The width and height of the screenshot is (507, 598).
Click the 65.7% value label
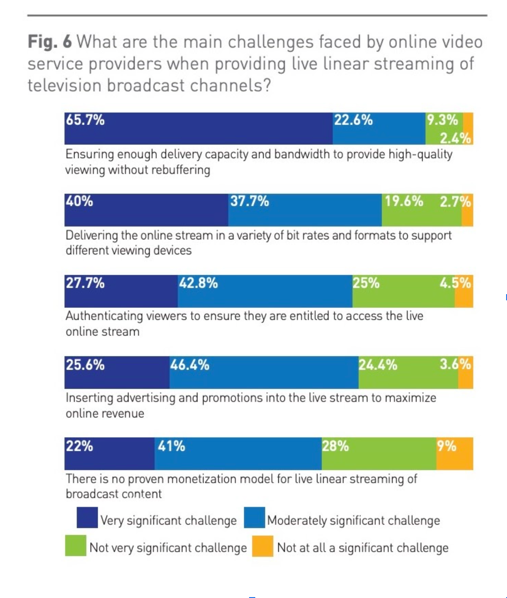[85, 120]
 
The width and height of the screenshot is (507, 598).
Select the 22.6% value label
[353, 120]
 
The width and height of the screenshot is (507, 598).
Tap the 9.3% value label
[442, 120]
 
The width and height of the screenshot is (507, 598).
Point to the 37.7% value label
[250, 201]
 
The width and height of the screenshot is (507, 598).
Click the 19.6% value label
[404, 201]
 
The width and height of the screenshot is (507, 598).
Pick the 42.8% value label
[198, 283]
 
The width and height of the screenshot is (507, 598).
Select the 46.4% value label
[189, 365]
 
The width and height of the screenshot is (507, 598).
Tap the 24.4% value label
[378, 365]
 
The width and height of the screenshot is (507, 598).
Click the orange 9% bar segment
[454, 454]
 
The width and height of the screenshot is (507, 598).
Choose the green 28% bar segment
[379, 454]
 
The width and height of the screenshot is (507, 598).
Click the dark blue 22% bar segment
[110, 454]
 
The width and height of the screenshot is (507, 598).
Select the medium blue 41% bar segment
[238, 454]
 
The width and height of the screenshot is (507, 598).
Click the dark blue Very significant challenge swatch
[87, 518]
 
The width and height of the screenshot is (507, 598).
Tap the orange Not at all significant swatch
[263, 546]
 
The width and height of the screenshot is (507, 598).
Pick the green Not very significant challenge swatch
[76, 546]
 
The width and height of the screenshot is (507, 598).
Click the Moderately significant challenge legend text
[353, 521]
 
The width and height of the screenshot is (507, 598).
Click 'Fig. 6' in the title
[49, 42]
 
